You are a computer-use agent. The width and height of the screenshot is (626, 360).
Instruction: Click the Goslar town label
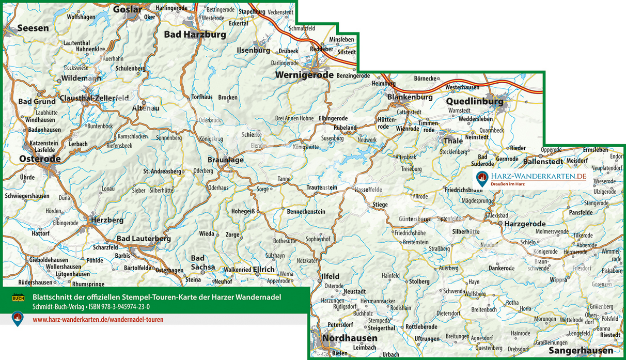tap(127, 9)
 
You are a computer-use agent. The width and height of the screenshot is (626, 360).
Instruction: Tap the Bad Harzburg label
tap(195, 35)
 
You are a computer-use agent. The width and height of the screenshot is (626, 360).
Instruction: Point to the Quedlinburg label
tap(475, 101)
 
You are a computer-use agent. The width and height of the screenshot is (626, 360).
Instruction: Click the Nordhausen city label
tap(350, 338)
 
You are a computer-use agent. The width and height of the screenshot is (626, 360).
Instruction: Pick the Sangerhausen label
tap(581, 351)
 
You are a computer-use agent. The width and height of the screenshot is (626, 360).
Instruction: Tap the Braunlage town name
tap(226, 160)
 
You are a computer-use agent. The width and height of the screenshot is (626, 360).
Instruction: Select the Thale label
tap(453, 141)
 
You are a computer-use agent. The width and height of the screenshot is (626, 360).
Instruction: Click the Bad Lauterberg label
tap(144, 239)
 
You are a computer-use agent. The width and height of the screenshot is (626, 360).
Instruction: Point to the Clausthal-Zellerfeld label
tap(94, 98)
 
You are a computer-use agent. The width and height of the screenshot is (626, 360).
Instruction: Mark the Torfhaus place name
tap(202, 97)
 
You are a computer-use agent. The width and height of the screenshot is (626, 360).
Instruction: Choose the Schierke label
tap(252, 134)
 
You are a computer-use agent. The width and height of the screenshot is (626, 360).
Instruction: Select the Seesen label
tap(33, 28)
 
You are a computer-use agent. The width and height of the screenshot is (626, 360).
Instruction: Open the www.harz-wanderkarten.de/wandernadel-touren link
tap(98, 320)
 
